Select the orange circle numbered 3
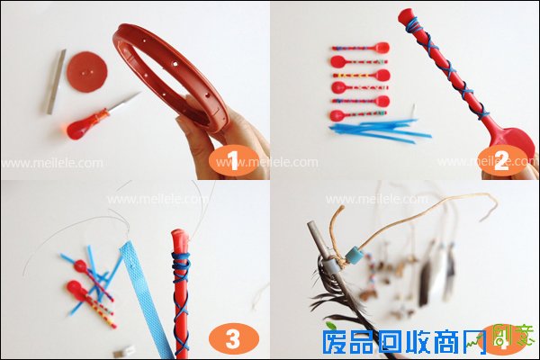(233, 338)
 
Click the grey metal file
(56, 81)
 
